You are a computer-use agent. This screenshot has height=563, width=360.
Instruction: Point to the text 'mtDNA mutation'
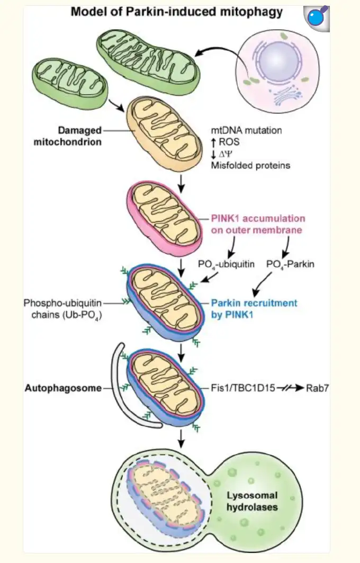click(246, 130)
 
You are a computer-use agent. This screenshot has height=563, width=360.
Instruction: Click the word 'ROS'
click(229, 142)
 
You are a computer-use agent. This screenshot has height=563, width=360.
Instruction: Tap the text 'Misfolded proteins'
click(250, 165)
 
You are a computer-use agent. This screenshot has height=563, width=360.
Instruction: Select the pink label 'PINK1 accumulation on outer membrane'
click(257, 224)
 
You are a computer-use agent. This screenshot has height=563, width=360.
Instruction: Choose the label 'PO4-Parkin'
click(290, 263)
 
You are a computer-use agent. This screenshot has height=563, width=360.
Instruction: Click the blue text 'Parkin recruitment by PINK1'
click(254, 309)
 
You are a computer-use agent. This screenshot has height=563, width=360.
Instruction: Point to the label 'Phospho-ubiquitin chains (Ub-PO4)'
click(62, 309)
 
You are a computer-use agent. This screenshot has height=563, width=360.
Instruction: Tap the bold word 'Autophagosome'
click(62, 388)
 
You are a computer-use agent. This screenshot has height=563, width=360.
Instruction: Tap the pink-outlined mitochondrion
click(164, 217)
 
